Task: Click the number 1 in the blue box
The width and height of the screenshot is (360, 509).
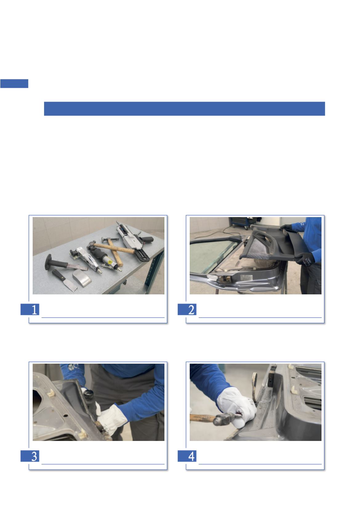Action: coord(34,309)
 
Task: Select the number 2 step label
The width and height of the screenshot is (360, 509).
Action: coord(191,309)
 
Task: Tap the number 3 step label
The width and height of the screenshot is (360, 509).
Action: coord(34,456)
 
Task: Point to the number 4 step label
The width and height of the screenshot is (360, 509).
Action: coord(191,456)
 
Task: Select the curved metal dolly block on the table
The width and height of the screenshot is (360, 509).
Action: coord(82,278)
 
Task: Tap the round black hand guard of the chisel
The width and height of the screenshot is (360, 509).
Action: coord(48,262)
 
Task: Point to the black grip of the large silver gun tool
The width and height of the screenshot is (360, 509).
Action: coord(147,239)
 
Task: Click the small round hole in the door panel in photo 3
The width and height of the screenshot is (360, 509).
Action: coord(65,416)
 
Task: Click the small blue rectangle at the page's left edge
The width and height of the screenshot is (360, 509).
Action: coord(14,83)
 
